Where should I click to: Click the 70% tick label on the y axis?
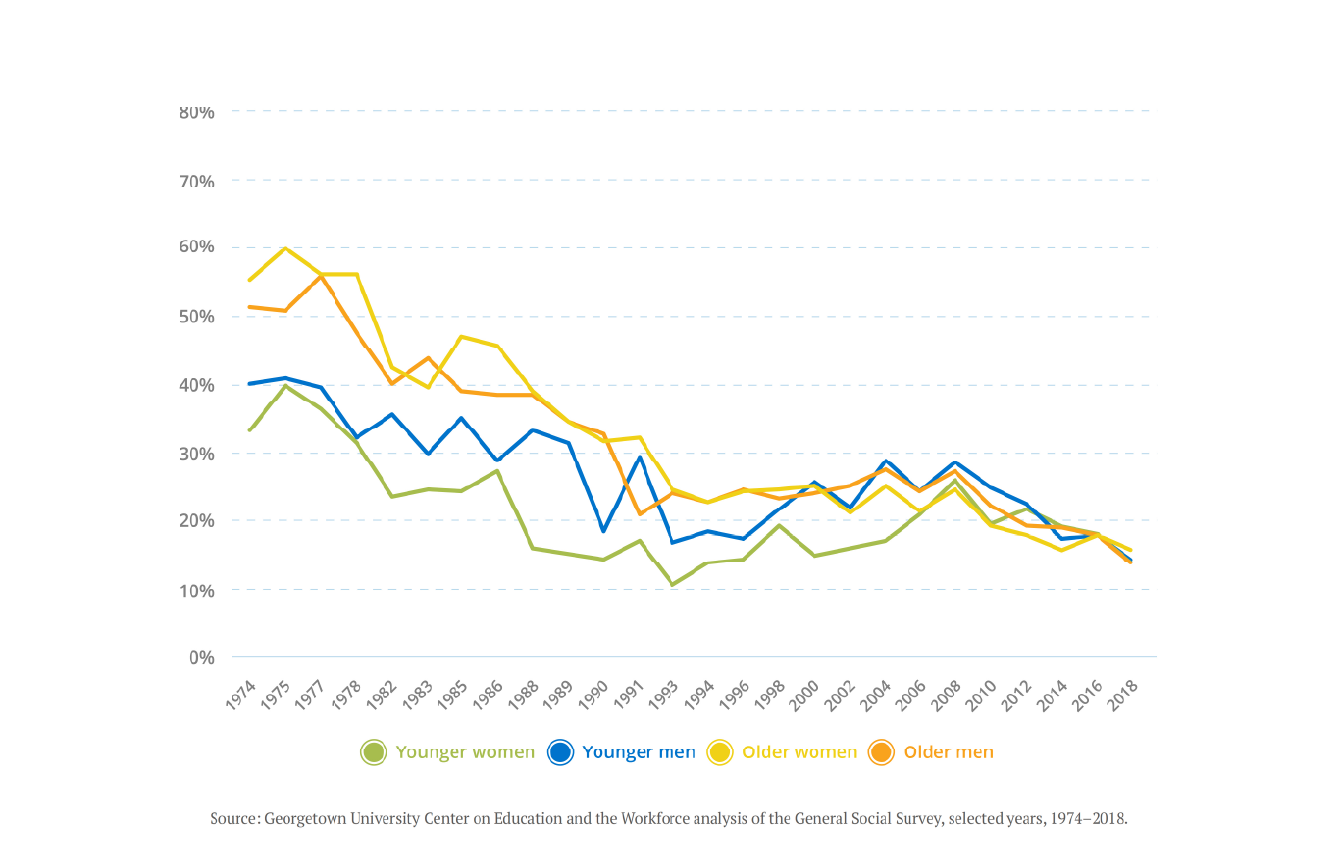point(196,181)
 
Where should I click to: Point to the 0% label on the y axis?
point(200,657)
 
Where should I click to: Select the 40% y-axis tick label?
point(196,385)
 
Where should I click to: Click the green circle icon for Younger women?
point(373,753)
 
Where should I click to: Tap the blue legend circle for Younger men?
point(560,753)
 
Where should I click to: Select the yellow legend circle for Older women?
point(720,753)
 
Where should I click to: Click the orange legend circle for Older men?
point(881,753)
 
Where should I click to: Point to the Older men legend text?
point(948,752)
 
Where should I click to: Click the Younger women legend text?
point(465,752)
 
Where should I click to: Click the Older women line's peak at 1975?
point(284,248)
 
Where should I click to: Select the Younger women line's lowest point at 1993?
point(673,585)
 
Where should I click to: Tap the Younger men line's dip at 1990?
point(603,531)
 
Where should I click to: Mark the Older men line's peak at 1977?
point(320,276)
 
